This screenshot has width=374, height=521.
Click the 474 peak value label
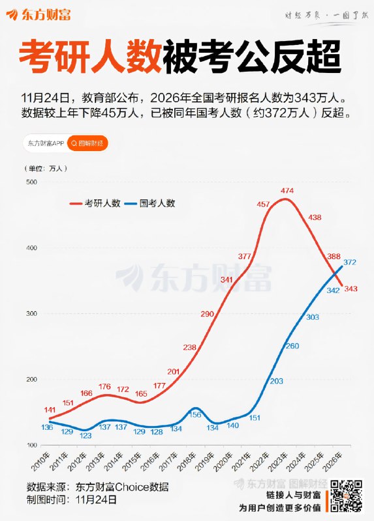[287, 190]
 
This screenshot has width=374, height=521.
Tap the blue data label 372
[350, 262]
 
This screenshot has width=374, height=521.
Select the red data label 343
[351, 289]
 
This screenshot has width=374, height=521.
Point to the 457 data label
[264, 204]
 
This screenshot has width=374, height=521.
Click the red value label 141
[50, 410]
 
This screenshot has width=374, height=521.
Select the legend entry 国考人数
[157, 203]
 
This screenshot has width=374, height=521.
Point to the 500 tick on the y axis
[31, 182]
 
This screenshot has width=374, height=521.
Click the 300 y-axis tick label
[31, 314]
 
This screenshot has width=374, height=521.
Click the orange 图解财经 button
[88, 142]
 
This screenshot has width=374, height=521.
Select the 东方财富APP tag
[45, 142]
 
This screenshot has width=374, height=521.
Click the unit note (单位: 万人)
[47, 167]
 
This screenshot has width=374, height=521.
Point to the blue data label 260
[292, 346]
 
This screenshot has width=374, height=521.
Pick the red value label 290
[207, 315]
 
